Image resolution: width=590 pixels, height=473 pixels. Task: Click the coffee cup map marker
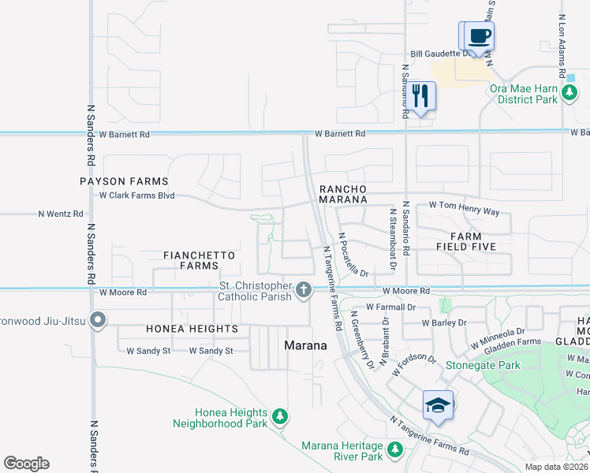coord(479,35)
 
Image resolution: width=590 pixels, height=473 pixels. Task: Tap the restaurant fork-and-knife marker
coord(420,96)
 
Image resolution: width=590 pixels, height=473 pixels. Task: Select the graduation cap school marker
coord(438,404)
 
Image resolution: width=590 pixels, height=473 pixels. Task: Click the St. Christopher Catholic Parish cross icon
coord(303,291)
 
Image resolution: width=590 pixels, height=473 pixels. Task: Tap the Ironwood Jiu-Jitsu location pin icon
coord(97,320)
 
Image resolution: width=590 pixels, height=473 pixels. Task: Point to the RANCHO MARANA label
coord(344,194)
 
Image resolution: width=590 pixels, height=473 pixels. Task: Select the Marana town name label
coord(305,345)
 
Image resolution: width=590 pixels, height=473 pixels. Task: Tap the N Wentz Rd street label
coord(61,214)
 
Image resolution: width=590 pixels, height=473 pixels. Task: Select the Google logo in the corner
coord(26,464)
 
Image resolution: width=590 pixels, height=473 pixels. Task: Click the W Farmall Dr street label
coord(390,307)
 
